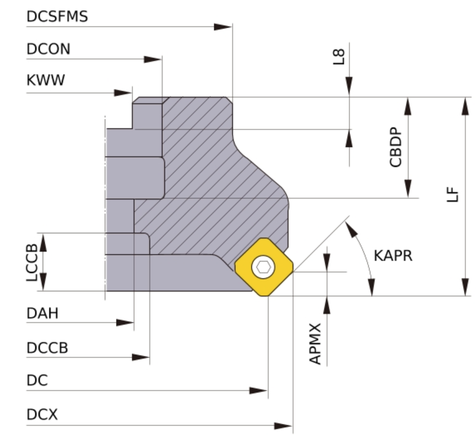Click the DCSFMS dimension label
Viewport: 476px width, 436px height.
point(57,17)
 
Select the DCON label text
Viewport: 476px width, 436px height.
point(49,49)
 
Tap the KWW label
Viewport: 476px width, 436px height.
point(46,80)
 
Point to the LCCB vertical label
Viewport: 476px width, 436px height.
point(32,262)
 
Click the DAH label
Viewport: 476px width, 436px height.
point(43,313)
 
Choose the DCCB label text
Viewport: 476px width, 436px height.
point(47,348)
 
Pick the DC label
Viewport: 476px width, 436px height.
point(38,380)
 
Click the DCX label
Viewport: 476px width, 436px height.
point(42,414)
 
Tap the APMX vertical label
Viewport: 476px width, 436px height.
point(315,344)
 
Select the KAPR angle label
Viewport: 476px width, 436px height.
point(393,256)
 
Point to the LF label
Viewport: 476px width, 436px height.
point(453,195)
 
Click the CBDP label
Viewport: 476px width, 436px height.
point(395,147)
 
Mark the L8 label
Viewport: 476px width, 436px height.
point(339,57)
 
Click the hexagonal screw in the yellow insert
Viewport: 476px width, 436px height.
point(263,267)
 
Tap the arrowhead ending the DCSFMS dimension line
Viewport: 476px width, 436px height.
point(223,27)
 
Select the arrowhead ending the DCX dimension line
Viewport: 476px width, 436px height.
point(283,426)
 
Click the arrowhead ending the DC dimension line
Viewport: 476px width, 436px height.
point(258,391)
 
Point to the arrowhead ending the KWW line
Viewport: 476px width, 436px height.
point(123,93)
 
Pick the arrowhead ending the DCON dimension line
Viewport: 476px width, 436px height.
point(153,59)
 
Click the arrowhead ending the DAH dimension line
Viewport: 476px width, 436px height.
point(125,323)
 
